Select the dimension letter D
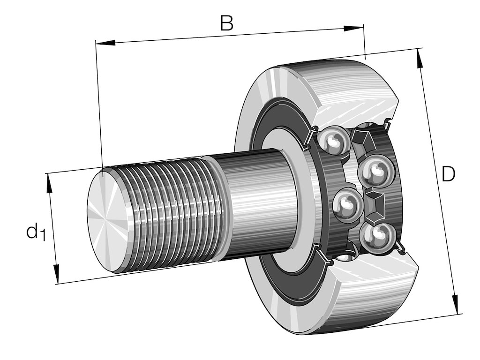pyautogui.click(x=448, y=175)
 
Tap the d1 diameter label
pyautogui.click(x=36, y=232)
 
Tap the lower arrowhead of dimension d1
pyautogui.click(x=56, y=274)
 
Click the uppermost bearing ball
pyautogui.click(x=334, y=140)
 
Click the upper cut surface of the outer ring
pyautogui.click(x=356, y=110)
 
